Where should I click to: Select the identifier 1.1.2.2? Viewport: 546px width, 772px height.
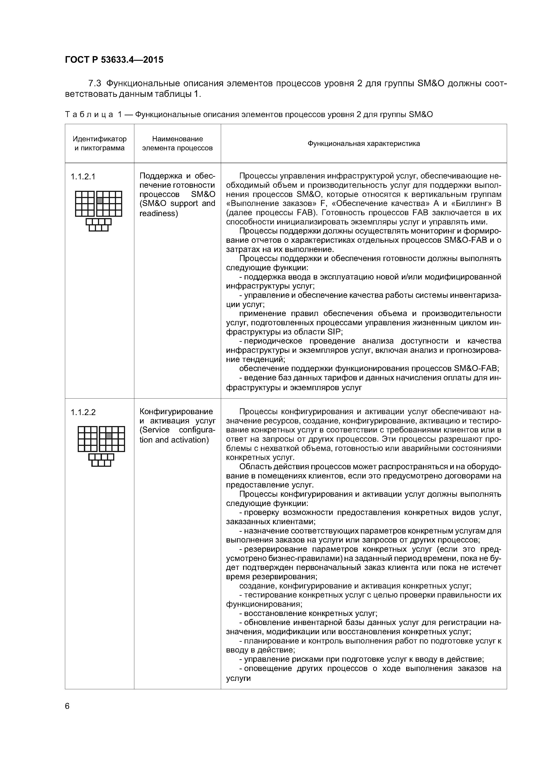(83, 412)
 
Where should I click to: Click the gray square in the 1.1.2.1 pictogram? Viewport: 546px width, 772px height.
(100, 200)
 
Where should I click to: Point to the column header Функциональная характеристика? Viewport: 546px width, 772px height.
(364, 143)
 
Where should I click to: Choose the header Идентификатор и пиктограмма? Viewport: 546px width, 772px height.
(100, 143)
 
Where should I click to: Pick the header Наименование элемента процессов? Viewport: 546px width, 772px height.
(177, 143)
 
